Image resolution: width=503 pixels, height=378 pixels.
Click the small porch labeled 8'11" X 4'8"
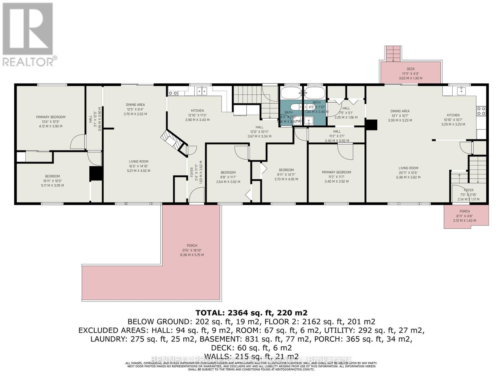point(464,216)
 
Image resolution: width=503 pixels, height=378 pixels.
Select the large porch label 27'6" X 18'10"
point(192,250)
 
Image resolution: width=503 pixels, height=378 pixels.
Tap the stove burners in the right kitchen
point(481,111)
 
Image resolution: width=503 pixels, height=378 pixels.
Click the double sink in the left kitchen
point(202,91)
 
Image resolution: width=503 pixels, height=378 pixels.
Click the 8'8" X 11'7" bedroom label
point(228,177)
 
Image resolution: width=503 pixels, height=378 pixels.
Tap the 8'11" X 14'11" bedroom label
point(286,175)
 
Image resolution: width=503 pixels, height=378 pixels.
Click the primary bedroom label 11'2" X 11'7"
point(336,177)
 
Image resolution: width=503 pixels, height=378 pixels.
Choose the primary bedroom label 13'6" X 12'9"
point(51,122)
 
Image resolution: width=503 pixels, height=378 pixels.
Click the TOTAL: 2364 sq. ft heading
point(251,313)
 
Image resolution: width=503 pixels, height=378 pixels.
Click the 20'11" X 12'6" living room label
point(408,173)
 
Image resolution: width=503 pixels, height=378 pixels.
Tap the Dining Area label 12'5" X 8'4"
point(135,109)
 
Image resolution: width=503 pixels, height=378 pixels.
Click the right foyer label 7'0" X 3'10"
point(468,195)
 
